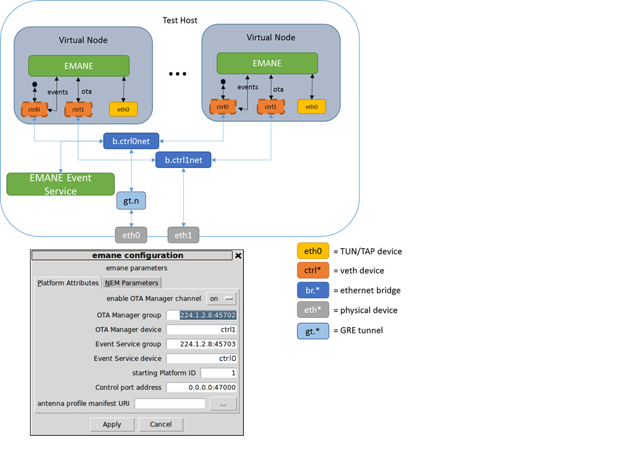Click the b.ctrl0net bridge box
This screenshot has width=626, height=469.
click(x=131, y=139)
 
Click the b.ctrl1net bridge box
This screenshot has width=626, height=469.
click(x=183, y=160)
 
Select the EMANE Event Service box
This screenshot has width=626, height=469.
click(x=61, y=184)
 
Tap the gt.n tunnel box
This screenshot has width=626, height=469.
click(x=131, y=201)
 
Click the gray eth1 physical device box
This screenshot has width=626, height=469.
click(x=183, y=234)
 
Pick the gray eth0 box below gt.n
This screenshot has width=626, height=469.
click(x=131, y=234)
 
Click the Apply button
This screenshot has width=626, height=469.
click(x=112, y=424)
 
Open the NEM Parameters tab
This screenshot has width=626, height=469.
click(x=132, y=283)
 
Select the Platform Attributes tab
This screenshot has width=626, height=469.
click(x=68, y=283)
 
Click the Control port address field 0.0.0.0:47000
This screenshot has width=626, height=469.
click(x=201, y=388)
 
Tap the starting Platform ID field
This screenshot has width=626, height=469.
click(x=218, y=373)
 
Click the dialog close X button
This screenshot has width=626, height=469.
click(x=238, y=256)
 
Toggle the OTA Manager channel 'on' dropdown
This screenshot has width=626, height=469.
click(x=221, y=298)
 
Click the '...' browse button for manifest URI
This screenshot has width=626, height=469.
click(x=223, y=404)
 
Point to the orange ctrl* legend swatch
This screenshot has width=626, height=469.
click(x=313, y=270)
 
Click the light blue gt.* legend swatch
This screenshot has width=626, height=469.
click(x=313, y=330)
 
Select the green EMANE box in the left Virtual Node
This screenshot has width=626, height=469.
click(x=78, y=65)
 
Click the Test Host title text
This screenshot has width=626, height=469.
click(x=180, y=20)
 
